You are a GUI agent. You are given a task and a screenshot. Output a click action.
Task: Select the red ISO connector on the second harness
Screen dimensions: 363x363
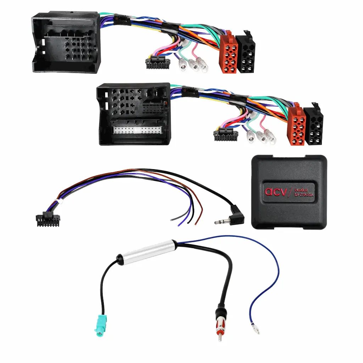pos(296,126)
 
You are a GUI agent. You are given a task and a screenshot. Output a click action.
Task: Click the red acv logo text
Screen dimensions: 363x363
pos(274,191)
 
